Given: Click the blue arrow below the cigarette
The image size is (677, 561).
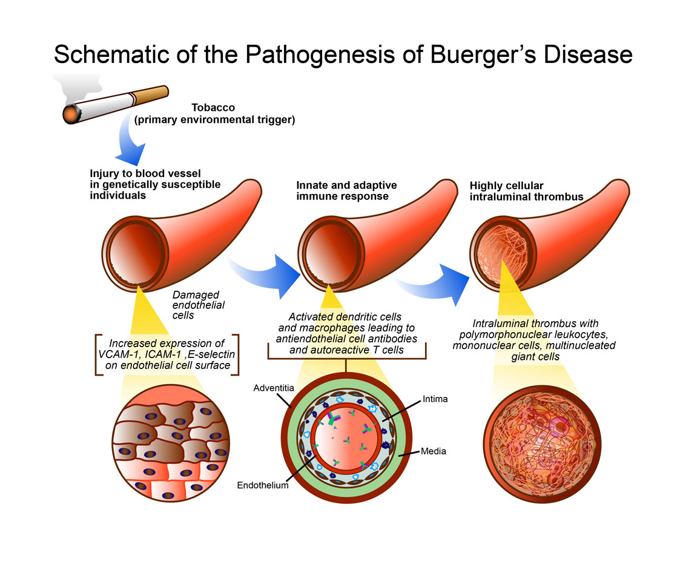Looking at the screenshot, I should [x=131, y=142].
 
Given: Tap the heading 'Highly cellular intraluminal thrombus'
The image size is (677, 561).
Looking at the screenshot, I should [x=526, y=191].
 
